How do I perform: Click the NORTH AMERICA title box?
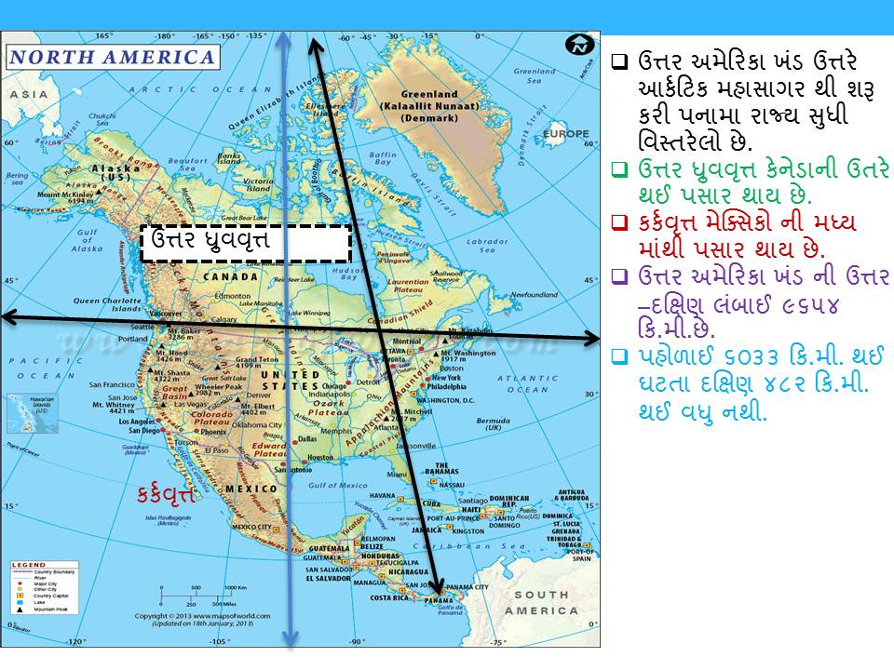(x=112, y=57)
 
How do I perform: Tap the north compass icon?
(x=579, y=44)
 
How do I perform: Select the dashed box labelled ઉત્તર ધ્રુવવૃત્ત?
(x=246, y=243)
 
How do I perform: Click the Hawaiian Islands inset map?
(x=23, y=412)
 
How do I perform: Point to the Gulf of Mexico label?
(x=340, y=485)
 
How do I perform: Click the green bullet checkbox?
(x=619, y=170)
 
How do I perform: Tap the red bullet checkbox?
(x=619, y=223)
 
